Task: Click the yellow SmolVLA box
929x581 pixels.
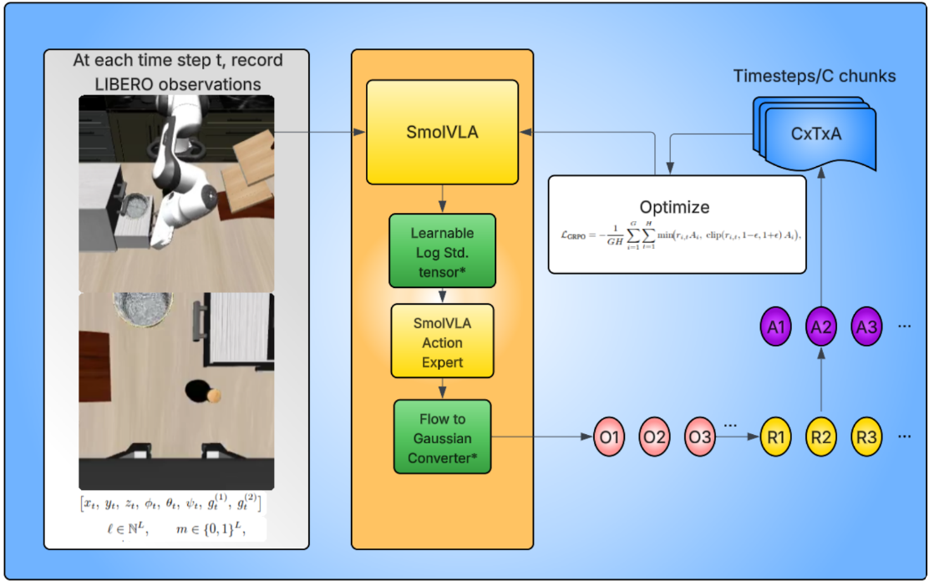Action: pyautogui.click(x=442, y=132)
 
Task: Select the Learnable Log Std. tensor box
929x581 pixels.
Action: pyautogui.click(x=442, y=250)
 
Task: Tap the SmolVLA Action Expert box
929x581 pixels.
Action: pyautogui.click(x=442, y=342)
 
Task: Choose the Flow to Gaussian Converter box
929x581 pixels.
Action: pyautogui.click(x=442, y=437)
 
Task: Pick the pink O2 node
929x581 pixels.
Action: pyautogui.click(x=655, y=437)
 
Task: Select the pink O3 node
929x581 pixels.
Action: pyautogui.click(x=700, y=437)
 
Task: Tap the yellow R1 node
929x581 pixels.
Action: pyautogui.click(x=776, y=437)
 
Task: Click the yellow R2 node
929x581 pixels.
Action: pyautogui.click(x=821, y=437)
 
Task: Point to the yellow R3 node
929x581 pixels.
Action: pyautogui.click(x=866, y=437)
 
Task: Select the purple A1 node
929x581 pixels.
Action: pyautogui.click(x=776, y=326)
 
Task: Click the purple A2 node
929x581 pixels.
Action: pyautogui.click(x=821, y=326)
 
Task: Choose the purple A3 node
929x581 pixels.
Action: pyautogui.click(x=866, y=326)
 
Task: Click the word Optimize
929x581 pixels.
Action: pyautogui.click(x=675, y=207)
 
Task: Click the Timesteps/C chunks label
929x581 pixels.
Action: pyautogui.click(x=814, y=76)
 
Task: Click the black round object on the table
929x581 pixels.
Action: pyautogui.click(x=197, y=390)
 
